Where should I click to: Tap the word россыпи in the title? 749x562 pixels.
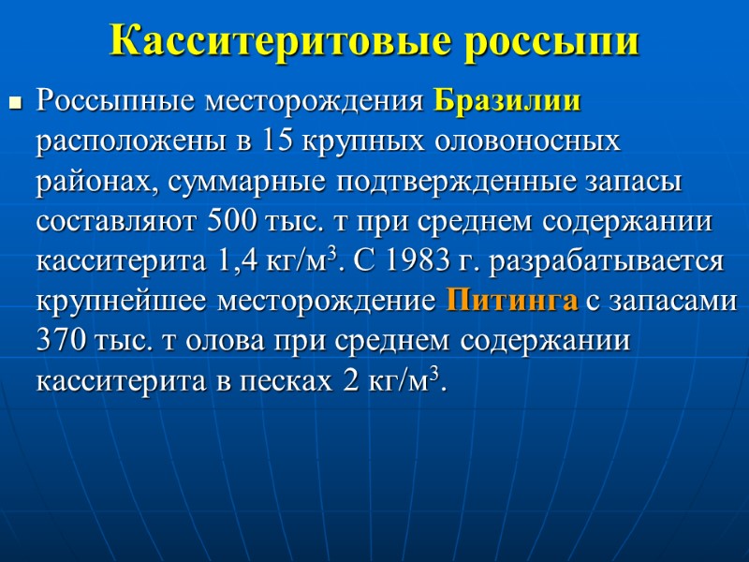click(551, 41)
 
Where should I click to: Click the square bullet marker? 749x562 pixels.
click(14, 102)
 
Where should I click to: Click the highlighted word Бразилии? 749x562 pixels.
click(508, 100)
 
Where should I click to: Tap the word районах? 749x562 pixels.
click(95, 182)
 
